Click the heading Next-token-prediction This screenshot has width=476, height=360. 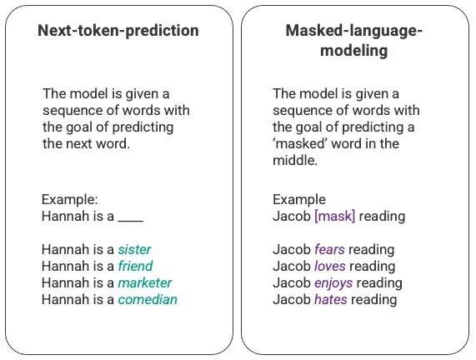118,31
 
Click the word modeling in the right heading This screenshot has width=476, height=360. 353,50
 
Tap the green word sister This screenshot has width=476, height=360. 134,249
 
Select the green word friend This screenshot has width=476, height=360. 135,266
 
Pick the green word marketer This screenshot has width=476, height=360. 145,282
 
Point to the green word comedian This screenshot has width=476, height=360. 148,299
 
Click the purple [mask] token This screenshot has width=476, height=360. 335,217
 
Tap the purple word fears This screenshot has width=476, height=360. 329,249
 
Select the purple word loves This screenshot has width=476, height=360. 330,266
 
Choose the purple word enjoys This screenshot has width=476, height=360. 333,283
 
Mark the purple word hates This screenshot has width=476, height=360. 331,299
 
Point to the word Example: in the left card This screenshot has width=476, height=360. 70,200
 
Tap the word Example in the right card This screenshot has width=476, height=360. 299,200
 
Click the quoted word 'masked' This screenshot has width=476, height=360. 300,143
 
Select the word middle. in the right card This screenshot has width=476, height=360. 295,160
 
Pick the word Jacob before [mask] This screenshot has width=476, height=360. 292,217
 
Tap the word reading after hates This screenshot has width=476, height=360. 374,300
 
